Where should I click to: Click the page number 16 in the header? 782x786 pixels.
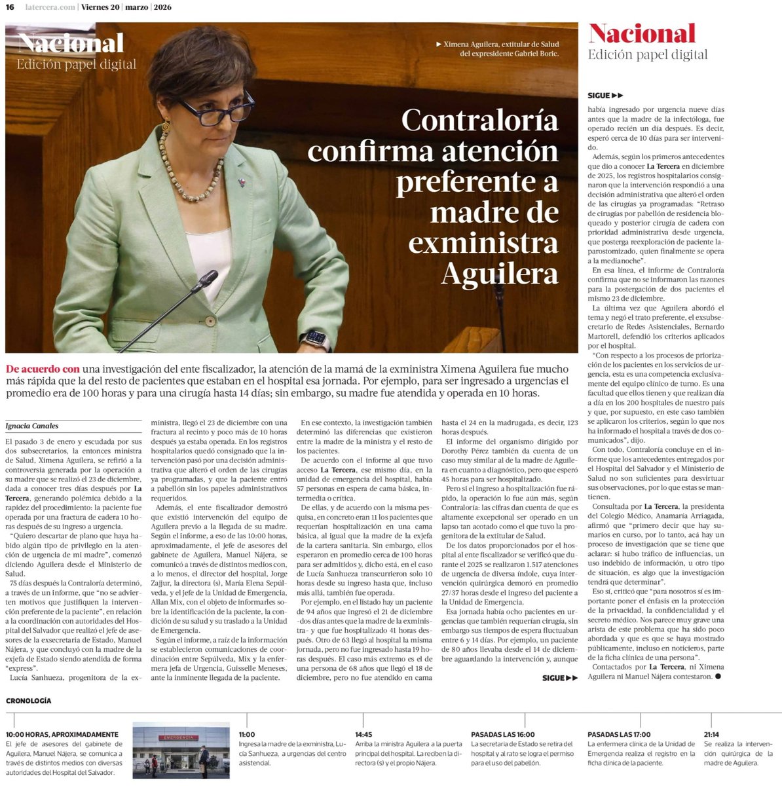click(x=10, y=7)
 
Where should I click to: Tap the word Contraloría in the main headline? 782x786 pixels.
click(x=479, y=120)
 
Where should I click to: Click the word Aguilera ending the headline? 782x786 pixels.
click(x=500, y=273)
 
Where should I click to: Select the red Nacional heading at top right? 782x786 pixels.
click(x=641, y=33)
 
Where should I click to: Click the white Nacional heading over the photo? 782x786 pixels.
click(x=71, y=43)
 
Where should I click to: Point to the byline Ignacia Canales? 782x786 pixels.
click(x=32, y=426)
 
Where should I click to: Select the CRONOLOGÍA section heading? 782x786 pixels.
click(x=28, y=701)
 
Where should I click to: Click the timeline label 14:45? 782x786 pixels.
click(x=363, y=734)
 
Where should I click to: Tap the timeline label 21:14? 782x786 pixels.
click(x=712, y=734)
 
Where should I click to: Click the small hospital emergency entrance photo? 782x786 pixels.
click(x=181, y=750)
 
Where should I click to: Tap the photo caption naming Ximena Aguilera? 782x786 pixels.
click(x=501, y=48)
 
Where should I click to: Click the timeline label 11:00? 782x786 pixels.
click(x=247, y=734)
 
